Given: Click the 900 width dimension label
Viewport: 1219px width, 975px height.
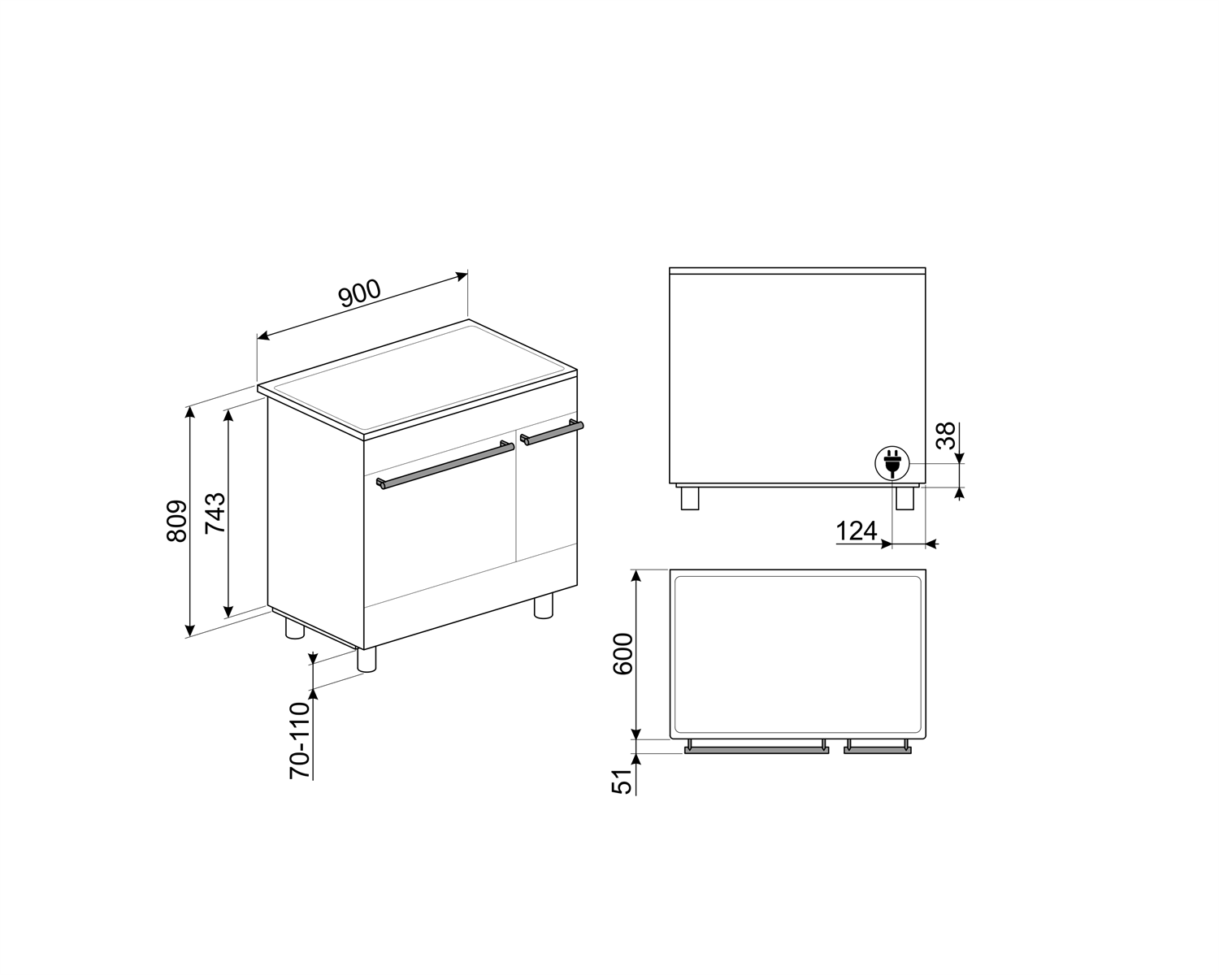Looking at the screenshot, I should pos(360,294).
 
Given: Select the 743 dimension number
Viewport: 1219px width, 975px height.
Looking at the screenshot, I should pos(215,512).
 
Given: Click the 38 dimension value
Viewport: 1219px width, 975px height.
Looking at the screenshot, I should pos(946,435).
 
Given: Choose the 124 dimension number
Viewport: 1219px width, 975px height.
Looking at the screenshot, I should pos(857,531).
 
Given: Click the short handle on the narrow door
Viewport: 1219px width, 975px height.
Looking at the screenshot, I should pos(553,432).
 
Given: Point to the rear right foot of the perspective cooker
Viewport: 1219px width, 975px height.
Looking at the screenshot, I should pos(544,606).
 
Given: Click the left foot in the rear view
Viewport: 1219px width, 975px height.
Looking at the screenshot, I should pos(689,498).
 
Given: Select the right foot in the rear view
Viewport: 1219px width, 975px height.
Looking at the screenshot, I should pos(904,498).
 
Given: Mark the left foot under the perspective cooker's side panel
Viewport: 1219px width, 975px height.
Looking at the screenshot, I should pos(294,629).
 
